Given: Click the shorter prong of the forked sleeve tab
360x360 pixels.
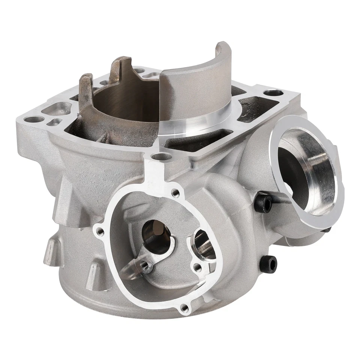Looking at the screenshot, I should coord(86,86).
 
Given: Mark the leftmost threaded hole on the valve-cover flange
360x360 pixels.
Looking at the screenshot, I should coord(99,230).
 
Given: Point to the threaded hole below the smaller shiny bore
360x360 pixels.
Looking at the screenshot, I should coord(196,267).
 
